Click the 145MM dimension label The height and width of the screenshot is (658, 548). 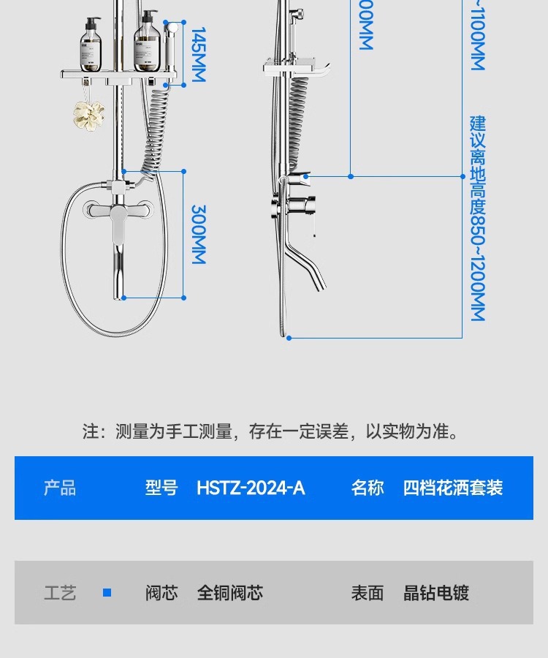pyautogui.click(x=198, y=55)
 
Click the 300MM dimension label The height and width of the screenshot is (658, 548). pyautogui.click(x=198, y=234)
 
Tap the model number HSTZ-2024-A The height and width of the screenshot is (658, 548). pyautogui.click(x=251, y=488)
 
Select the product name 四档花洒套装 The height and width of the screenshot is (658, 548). pyautogui.click(x=453, y=488)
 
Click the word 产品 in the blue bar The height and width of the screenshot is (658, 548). pyautogui.click(x=60, y=488)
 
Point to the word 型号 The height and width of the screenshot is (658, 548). pyautogui.click(x=161, y=488)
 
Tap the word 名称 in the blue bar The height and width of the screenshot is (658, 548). pyautogui.click(x=368, y=488)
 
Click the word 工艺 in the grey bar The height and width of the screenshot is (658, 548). pyautogui.click(x=60, y=593)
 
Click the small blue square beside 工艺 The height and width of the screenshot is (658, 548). pyautogui.click(x=107, y=593)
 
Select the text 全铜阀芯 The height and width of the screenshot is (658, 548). pyautogui.click(x=230, y=593)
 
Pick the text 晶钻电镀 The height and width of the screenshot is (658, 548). pyautogui.click(x=436, y=593)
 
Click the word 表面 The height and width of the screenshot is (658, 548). pyautogui.click(x=368, y=593)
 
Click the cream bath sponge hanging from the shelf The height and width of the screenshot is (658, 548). pyautogui.click(x=88, y=113)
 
